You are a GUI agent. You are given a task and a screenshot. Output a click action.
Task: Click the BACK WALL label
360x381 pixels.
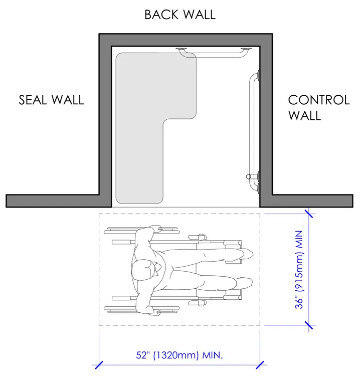click(x=180, y=15)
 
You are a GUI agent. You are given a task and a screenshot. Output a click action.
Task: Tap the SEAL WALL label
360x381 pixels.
click(x=51, y=100)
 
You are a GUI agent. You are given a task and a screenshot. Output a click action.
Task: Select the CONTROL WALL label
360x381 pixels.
click(x=319, y=108)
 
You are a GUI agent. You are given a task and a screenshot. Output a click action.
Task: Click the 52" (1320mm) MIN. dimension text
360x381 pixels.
click(x=179, y=355)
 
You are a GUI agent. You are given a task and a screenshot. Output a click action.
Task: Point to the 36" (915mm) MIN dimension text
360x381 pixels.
click(x=299, y=270)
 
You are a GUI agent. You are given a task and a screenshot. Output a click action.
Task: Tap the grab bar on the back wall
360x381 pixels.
click(x=214, y=54)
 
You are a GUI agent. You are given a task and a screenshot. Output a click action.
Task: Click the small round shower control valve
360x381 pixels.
click(x=248, y=176)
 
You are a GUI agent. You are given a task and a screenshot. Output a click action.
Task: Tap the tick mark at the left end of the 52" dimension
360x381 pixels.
click(x=99, y=365)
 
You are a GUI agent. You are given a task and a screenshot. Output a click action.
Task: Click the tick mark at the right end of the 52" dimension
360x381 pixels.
click(x=260, y=365)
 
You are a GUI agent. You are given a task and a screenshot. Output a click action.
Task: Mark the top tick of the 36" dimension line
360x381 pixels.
click(x=309, y=214)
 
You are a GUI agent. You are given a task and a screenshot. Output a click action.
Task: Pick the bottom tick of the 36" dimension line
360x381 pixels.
click(x=309, y=325)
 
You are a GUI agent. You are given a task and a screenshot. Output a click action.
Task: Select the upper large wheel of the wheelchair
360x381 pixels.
click(x=142, y=230)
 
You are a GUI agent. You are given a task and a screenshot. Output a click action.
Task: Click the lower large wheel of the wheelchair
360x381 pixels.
click(x=142, y=309)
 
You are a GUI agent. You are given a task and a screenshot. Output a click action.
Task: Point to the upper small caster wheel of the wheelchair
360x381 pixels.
click(x=198, y=237)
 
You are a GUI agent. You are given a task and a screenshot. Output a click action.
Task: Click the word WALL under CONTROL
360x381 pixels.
click(x=304, y=115)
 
